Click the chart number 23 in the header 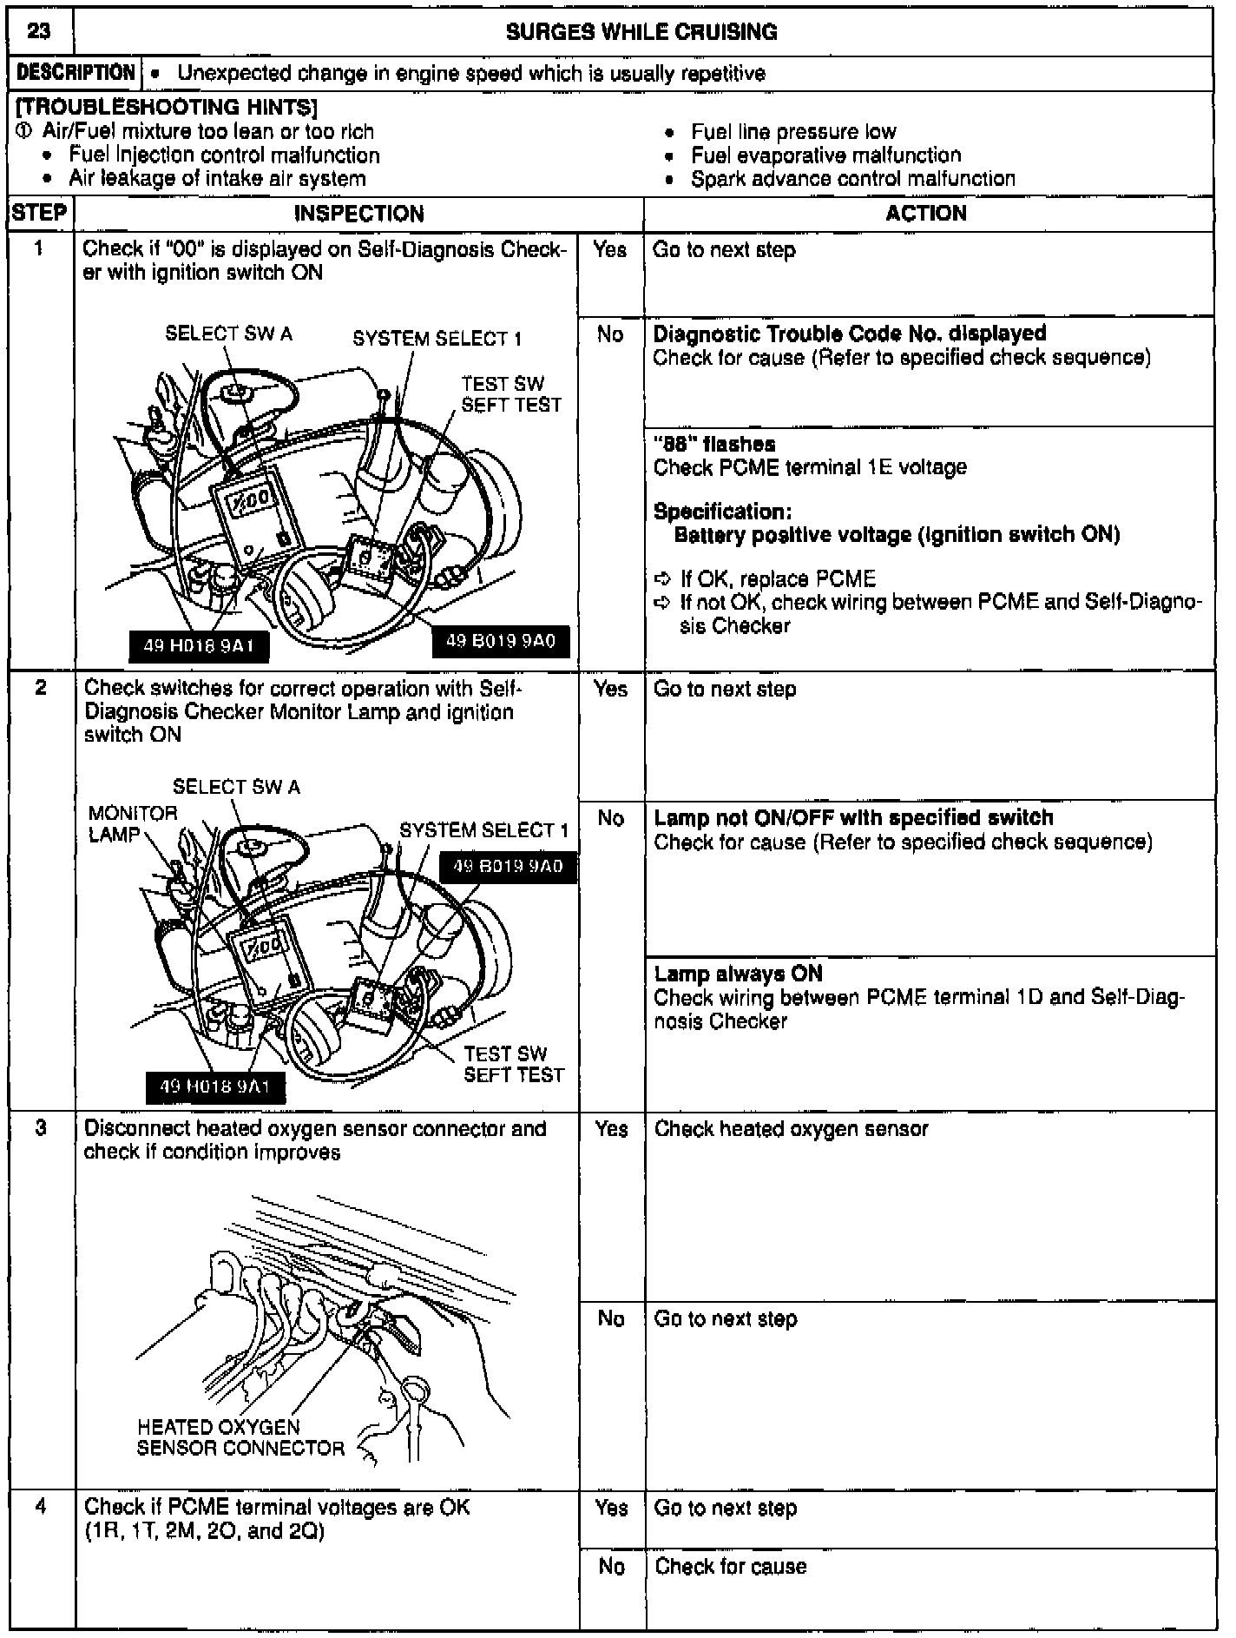click(x=39, y=32)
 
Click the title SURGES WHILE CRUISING click(x=641, y=32)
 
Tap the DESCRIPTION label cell click(x=76, y=73)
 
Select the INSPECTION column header click(x=358, y=214)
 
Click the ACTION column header click(x=926, y=214)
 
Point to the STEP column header click(x=40, y=214)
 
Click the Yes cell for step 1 click(x=610, y=250)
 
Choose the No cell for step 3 click(x=611, y=1318)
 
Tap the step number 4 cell click(x=41, y=1507)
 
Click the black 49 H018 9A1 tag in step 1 click(x=198, y=646)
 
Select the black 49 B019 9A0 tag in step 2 click(x=508, y=866)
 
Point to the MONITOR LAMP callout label click(x=132, y=823)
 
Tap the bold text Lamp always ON click(x=738, y=974)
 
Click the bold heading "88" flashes click(x=714, y=444)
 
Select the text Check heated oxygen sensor click(x=791, y=1129)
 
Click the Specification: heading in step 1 click(x=722, y=511)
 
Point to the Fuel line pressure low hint click(x=793, y=132)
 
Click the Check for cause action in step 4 click(x=731, y=1566)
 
